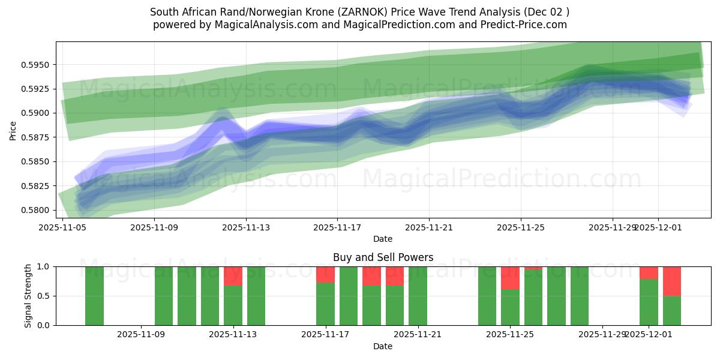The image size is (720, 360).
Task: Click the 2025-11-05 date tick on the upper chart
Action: coord(63,228)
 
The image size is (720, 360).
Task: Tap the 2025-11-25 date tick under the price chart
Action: coord(521,228)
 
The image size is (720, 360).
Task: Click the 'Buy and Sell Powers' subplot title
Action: coord(383,257)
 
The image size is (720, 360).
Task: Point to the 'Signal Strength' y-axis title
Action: coord(28,295)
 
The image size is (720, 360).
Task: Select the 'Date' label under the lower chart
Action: coord(383,346)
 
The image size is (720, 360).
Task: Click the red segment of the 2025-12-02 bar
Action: coord(672,281)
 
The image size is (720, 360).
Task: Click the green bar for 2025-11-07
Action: coord(95,296)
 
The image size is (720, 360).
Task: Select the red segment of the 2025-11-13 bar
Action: coord(233,276)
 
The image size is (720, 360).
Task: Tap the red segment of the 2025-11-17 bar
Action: coord(325,274)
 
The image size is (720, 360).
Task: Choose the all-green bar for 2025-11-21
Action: coord(418,296)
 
